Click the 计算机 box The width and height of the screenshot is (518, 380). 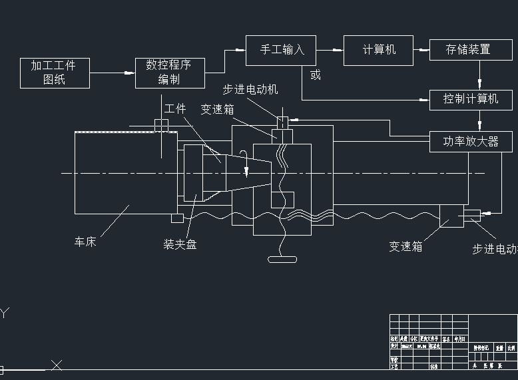click(378, 50)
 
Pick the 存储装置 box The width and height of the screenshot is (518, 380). click(469, 49)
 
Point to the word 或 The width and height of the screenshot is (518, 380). click(316, 75)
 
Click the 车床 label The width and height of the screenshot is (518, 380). click(85, 242)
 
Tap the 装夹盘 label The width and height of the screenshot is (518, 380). click(180, 244)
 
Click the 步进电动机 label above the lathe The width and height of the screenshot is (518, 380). click(250, 90)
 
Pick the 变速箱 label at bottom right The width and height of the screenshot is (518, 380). click(406, 246)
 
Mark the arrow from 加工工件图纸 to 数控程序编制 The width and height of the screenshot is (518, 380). click(113, 72)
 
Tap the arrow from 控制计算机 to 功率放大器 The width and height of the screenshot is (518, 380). click(479, 121)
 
